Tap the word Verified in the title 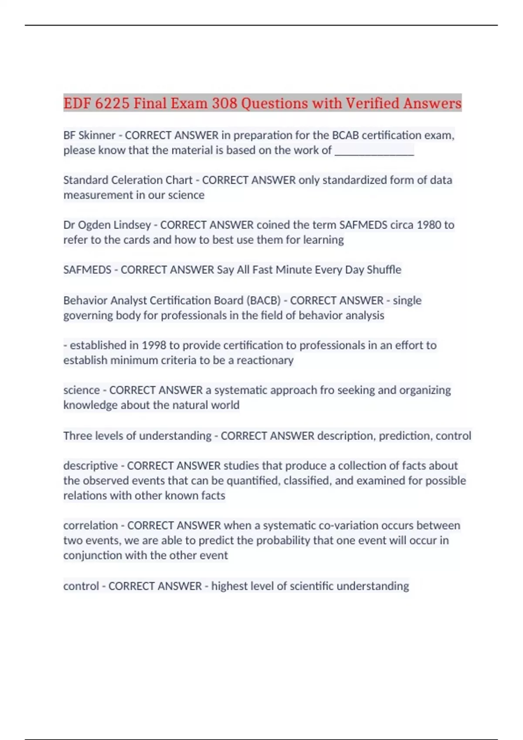(373, 103)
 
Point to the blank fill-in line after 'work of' (374, 150)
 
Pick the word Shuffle (384, 270)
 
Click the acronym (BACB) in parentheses (263, 300)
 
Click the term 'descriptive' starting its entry (91, 466)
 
